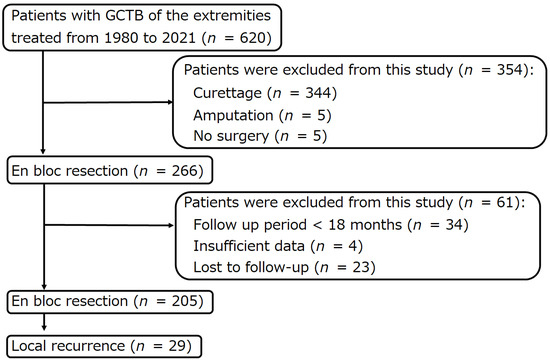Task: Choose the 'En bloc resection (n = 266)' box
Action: pyautogui.click(x=108, y=171)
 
